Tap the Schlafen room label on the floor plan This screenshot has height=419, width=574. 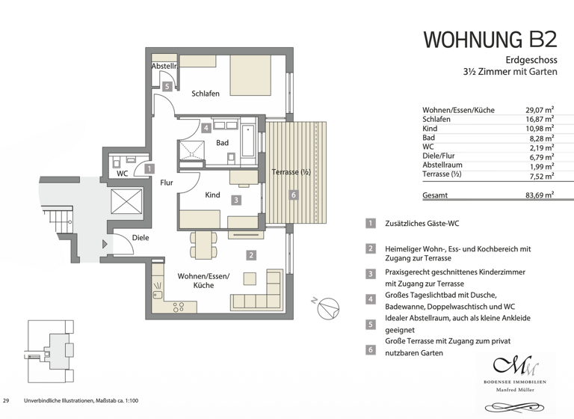click(205, 94)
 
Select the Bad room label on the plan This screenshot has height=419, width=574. click(222, 142)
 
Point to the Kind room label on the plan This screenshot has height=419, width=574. click(212, 195)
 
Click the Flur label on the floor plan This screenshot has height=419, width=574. click(166, 182)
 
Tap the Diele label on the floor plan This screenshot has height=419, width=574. click(141, 238)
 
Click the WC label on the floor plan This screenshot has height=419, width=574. click(123, 174)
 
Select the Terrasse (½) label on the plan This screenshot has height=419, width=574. click(291, 172)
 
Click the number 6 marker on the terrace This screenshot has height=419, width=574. click(293, 195)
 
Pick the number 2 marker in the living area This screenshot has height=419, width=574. click(251, 255)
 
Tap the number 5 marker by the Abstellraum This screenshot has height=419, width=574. click(167, 87)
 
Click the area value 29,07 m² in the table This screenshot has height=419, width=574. click(539, 110)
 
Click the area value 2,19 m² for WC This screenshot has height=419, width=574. click(540, 148)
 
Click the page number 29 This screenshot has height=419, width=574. click(7, 401)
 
